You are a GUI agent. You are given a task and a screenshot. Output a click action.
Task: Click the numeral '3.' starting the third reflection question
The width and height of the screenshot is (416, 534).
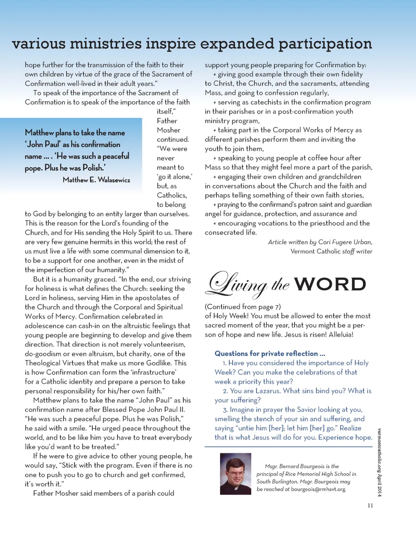point(225,410)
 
